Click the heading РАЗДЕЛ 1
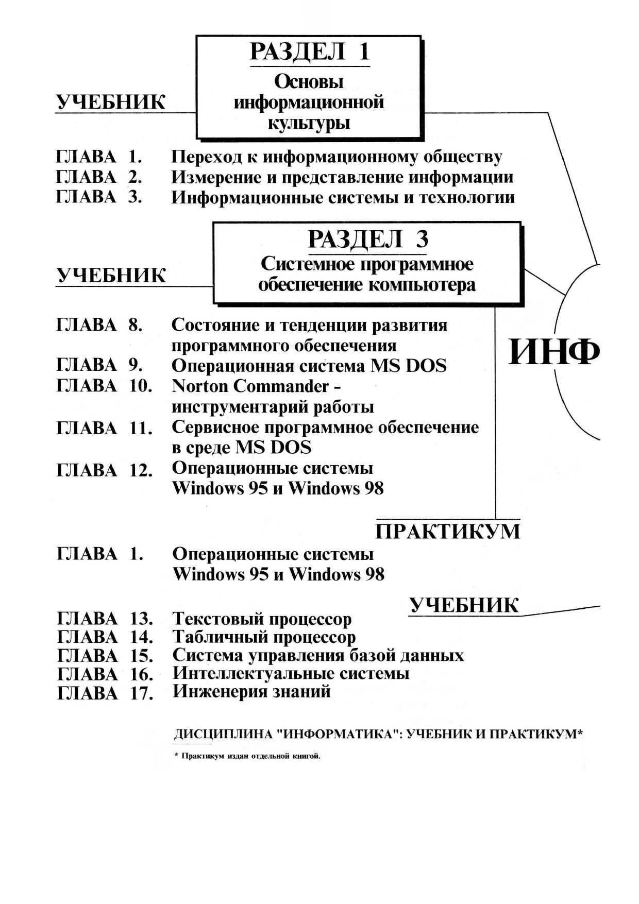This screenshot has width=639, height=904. [309, 52]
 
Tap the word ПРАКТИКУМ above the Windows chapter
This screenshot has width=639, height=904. [448, 531]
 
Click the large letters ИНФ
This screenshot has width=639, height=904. [554, 352]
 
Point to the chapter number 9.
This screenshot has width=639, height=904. [135, 365]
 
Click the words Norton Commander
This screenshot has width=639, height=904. [250, 386]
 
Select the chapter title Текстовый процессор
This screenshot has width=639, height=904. [262, 618]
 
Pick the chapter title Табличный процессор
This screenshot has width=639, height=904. [264, 637]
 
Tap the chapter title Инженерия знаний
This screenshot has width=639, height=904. [251, 691]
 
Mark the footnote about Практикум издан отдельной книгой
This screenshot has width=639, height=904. [247, 757]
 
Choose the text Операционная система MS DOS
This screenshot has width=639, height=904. [309, 366]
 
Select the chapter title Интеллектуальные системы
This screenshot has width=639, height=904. [291, 673]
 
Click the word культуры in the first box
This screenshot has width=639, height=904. [309, 124]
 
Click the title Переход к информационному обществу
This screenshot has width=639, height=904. [337, 157]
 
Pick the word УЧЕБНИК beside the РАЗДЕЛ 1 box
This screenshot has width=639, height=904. [111, 103]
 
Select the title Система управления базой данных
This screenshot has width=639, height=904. [318, 655]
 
